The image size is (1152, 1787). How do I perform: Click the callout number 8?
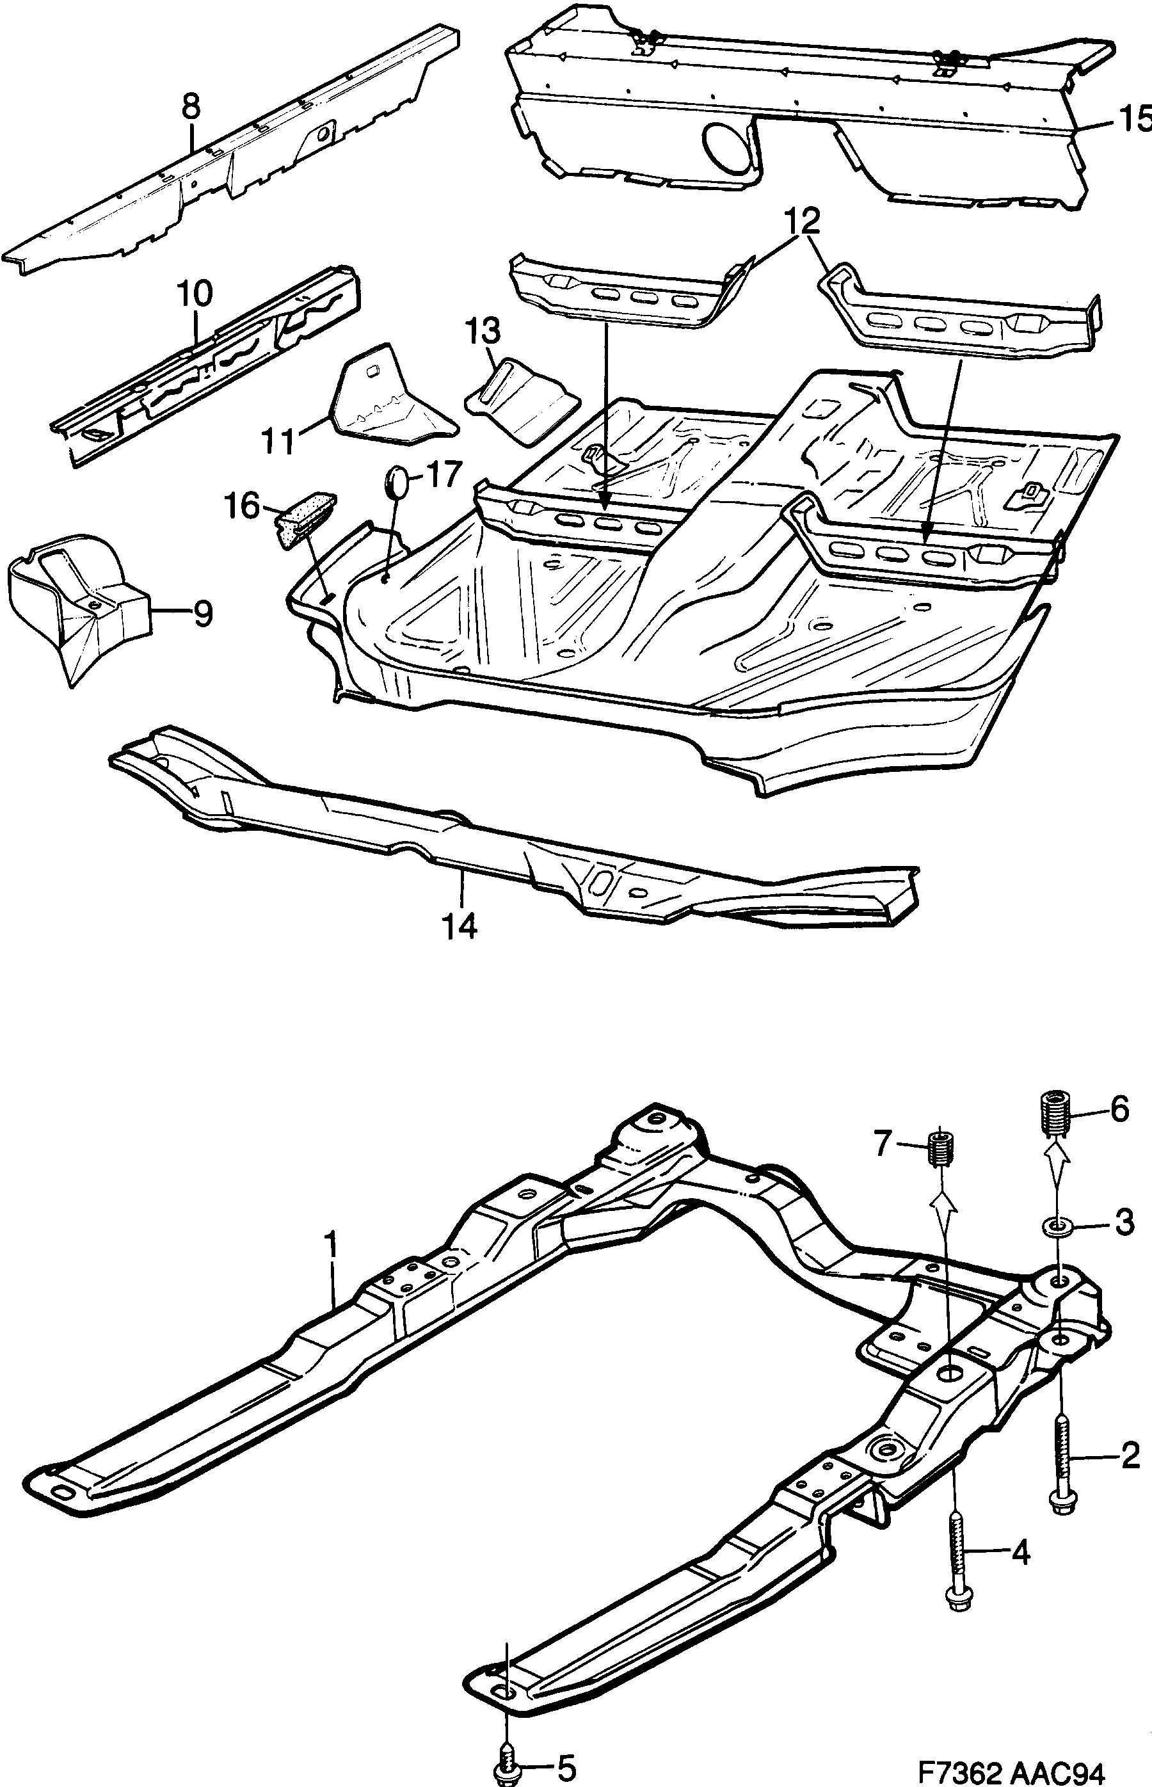pyautogui.click(x=191, y=106)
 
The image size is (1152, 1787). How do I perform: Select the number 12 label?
pyautogui.click(x=803, y=220)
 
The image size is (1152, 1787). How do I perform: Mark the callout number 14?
pyautogui.click(x=461, y=927)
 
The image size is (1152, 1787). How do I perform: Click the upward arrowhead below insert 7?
pyautogui.click(x=942, y=1199)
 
